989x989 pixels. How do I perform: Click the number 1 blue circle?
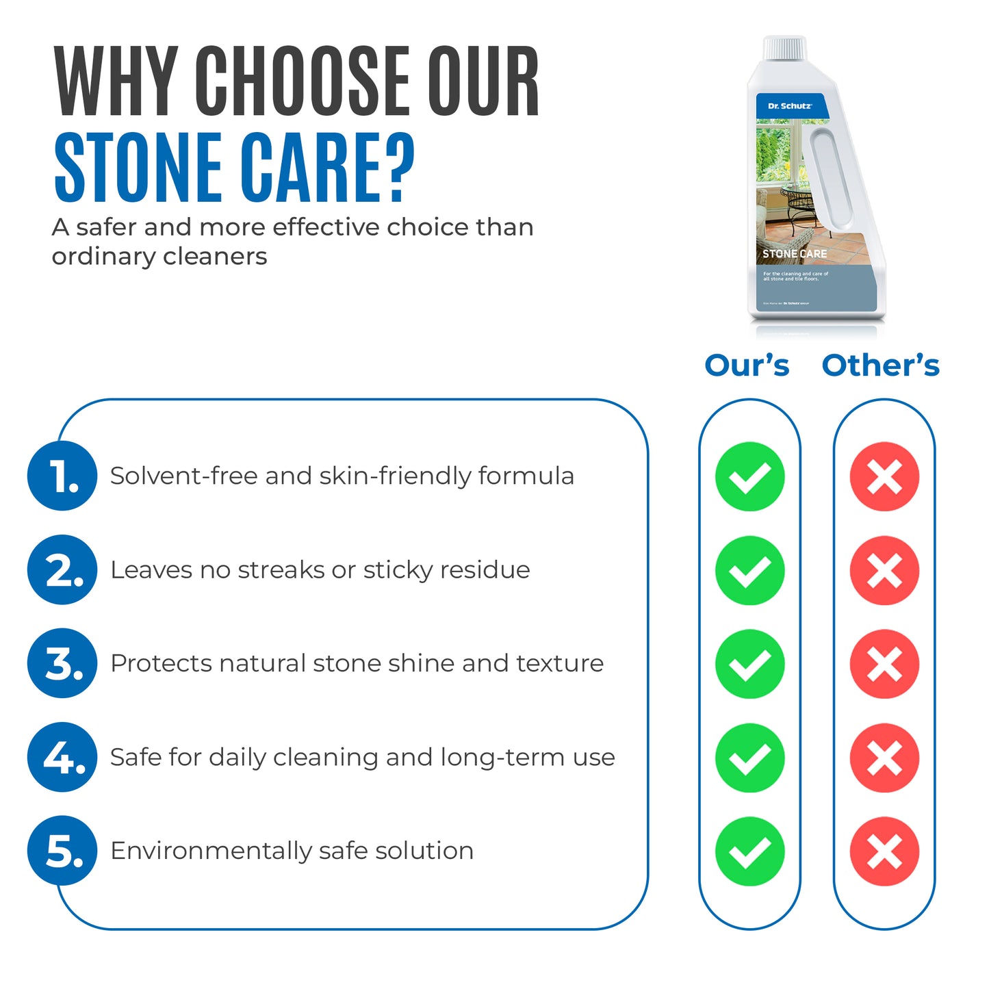click(62, 476)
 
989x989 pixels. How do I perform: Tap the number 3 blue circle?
click(62, 663)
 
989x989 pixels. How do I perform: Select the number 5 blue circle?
click(62, 851)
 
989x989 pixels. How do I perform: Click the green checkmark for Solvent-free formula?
click(749, 476)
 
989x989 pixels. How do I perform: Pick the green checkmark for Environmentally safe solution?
click(749, 851)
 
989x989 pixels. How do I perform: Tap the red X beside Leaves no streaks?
click(884, 570)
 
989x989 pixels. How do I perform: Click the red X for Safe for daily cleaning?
click(884, 758)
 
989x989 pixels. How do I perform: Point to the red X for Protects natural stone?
click(884, 664)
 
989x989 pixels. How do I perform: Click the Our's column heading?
click(747, 365)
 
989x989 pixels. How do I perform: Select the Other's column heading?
click(881, 365)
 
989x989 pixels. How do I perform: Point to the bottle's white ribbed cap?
click(784, 48)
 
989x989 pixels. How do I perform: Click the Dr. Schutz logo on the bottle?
click(789, 106)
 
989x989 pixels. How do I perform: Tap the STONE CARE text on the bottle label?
click(795, 254)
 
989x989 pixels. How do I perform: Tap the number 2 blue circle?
click(62, 569)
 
